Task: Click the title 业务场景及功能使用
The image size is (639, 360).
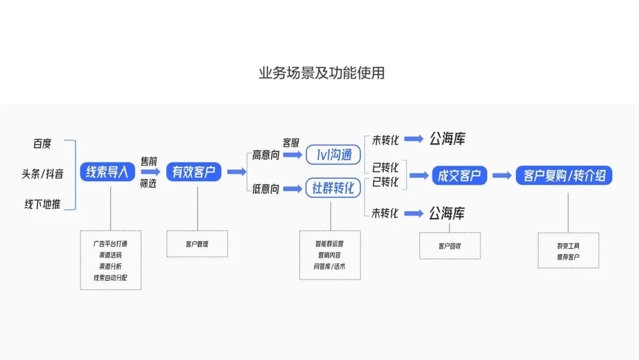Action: click(x=321, y=73)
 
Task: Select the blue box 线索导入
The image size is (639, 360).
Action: click(x=107, y=172)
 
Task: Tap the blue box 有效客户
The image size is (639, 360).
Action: click(x=193, y=172)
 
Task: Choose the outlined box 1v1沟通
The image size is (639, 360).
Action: click(x=333, y=155)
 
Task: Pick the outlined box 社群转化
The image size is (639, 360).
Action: click(x=333, y=188)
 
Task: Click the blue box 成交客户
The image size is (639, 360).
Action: click(x=459, y=175)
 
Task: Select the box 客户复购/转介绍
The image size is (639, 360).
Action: click(x=564, y=175)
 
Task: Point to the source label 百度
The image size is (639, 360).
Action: click(x=43, y=143)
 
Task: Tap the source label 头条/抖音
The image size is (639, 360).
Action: click(x=43, y=174)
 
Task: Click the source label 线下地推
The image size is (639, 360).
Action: click(x=43, y=204)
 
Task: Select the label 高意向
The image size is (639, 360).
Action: click(x=266, y=155)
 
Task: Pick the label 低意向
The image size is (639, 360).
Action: click(x=266, y=189)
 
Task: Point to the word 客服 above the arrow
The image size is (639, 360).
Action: click(x=291, y=143)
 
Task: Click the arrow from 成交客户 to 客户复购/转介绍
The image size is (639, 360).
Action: click(x=502, y=175)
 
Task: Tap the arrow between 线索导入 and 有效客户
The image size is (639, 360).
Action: click(x=150, y=172)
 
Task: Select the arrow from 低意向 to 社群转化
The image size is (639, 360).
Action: click(x=293, y=188)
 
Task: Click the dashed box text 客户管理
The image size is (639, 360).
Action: click(x=197, y=244)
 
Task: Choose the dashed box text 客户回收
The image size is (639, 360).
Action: click(x=450, y=246)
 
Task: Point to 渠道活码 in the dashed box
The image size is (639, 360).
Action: click(x=111, y=255)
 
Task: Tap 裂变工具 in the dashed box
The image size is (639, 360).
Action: click(x=569, y=246)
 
